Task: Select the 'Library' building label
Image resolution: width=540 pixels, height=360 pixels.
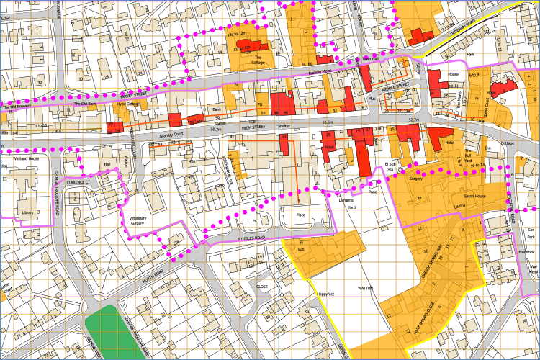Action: click(x=27, y=213)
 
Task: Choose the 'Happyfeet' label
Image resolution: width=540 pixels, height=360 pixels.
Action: click(x=326, y=294)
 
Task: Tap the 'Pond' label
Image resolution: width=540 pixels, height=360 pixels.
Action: click(x=372, y=192)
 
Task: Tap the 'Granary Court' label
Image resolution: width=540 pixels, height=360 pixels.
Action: click(x=173, y=133)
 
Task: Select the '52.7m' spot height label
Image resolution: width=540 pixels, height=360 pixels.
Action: click(x=413, y=120)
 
